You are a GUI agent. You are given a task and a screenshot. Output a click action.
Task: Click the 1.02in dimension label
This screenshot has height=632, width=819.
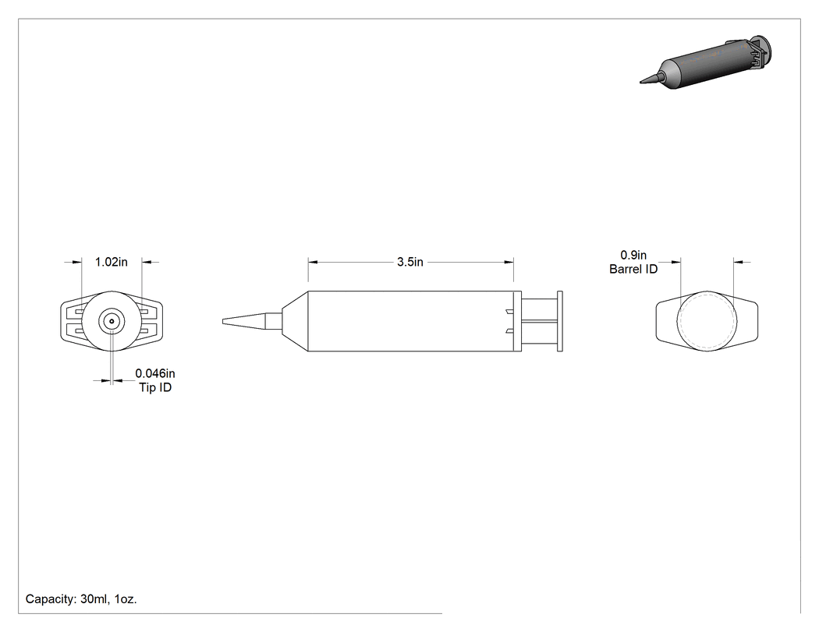(112, 262)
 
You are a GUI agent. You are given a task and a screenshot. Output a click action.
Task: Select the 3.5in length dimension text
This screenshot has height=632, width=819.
(410, 262)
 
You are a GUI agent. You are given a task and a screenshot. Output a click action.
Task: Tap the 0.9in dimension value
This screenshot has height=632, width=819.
(633, 255)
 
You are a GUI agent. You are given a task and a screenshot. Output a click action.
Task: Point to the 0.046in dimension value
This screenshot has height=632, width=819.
(155, 374)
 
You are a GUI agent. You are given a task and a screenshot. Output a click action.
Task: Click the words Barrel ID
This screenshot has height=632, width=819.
(633, 270)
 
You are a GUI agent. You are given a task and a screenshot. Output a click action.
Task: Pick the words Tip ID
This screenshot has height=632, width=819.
(155, 387)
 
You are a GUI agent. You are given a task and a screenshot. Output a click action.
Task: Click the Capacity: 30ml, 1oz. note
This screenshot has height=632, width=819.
(81, 599)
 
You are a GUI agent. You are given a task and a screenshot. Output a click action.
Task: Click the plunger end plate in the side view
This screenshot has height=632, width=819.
(561, 321)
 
